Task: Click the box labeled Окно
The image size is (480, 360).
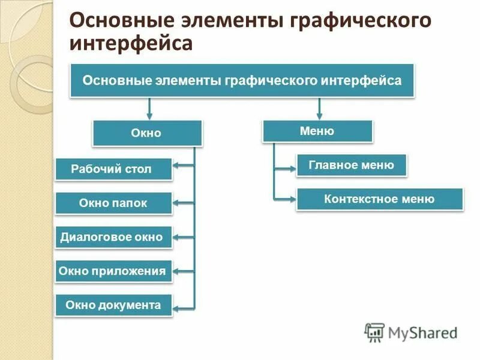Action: tap(147, 133)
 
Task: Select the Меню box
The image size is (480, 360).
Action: tap(317, 131)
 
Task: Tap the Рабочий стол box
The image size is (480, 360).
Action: tap(113, 169)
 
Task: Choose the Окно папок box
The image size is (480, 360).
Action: tap(113, 203)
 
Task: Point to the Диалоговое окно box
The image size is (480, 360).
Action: tap(113, 237)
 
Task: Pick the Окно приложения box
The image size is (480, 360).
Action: tap(113, 271)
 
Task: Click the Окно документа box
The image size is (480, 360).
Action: tap(113, 305)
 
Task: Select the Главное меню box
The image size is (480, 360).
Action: tap(352, 165)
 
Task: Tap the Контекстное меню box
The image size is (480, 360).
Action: tap(379, 199)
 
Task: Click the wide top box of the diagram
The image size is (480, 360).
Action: tap(242, 80)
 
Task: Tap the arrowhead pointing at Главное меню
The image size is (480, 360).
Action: tap(292, 169)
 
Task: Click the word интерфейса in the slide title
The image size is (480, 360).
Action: tap(131, 43)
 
